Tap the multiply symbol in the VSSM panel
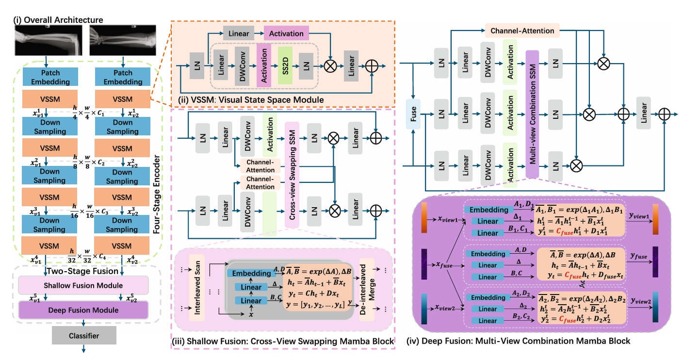pyautogui.click(x=330, y=65)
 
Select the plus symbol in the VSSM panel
pyautogui.click(x=372, y=65)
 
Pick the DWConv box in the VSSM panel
pyautogui.click(x=242, y=65)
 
